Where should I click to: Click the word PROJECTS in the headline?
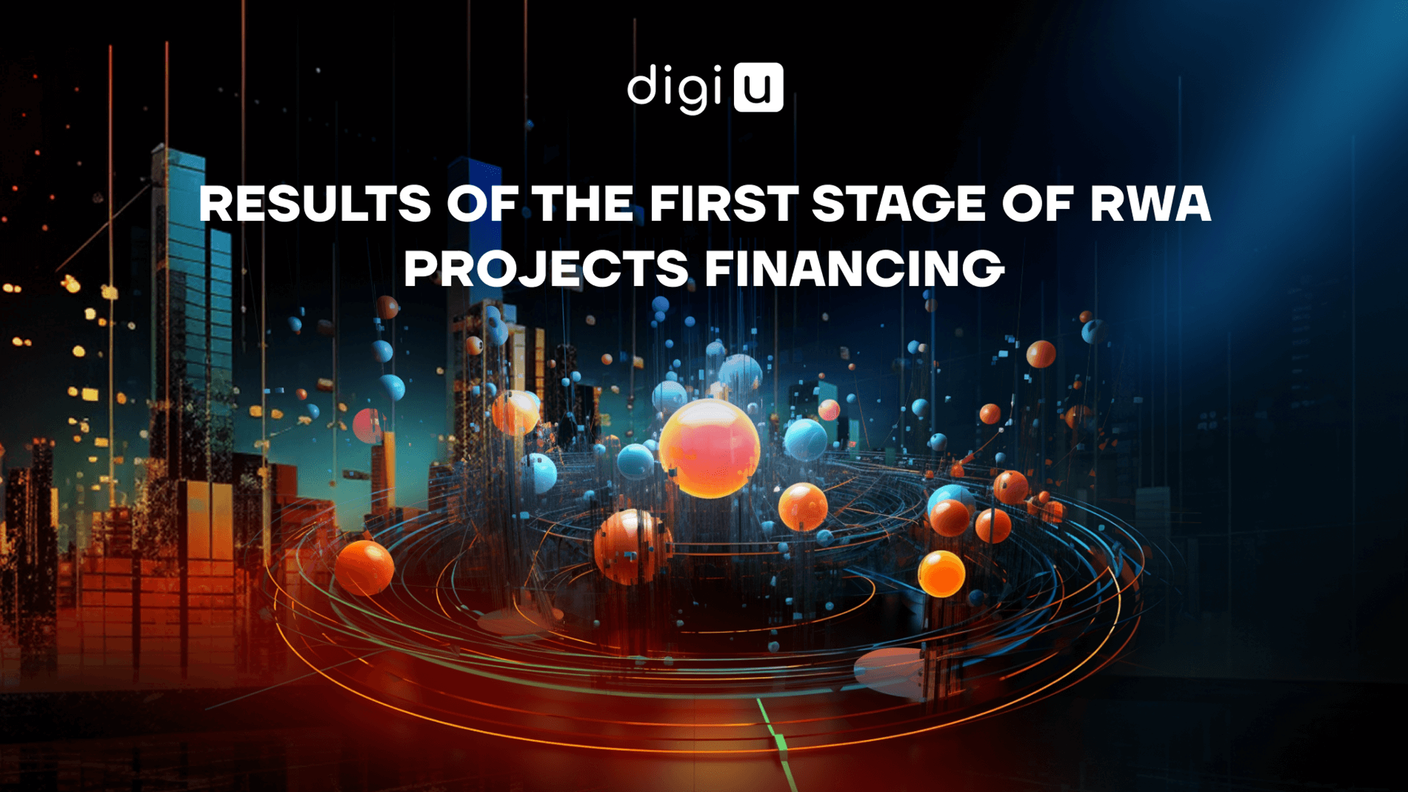click(x=546, y=268)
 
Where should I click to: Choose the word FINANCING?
click(x=854, y=268)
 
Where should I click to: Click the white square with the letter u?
click(x=758, y=87)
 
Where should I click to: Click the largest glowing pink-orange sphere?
click(x=709, y=448)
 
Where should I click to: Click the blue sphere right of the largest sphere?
click(x=805, y=439)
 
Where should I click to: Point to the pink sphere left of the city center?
click(x=369, y=426)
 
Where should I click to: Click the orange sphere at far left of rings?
click(x=364, y=568)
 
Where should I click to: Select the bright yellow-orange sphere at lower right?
click(x=942, y=573)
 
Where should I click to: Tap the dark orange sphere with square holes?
click(x=633, y=546)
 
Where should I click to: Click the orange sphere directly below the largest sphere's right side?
click(x=803, y=507)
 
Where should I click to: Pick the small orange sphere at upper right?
click(x=1041, y=354)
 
